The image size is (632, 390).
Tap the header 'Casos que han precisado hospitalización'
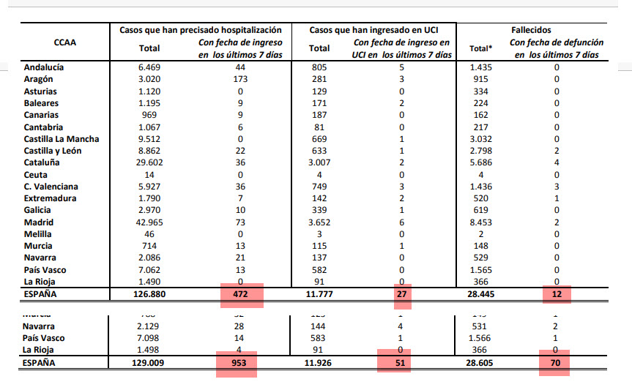point(200,30)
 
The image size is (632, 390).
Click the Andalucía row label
point(44,67)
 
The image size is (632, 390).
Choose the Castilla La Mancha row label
point(62,139)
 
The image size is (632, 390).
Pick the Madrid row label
point(39,222)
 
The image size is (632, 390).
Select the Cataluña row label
point(42,163)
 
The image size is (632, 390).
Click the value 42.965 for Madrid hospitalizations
point(149,222)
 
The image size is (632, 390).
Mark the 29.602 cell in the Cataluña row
point(149,163)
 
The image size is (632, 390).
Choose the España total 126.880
point(149,295)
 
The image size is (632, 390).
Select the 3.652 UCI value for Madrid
point(319,222)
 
